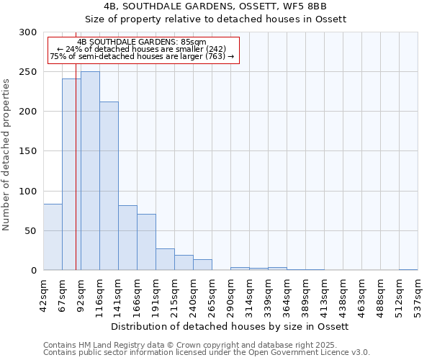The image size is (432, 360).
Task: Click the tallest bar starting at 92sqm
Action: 90,171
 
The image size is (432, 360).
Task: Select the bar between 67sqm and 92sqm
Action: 71,174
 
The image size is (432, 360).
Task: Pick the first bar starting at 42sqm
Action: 53,237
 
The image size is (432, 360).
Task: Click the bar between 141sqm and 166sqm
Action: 127,238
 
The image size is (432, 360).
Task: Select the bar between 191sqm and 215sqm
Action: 165,259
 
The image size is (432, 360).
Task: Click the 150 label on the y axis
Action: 28,151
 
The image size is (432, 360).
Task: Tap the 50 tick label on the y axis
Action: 31,231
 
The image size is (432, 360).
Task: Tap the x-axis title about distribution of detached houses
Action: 230,326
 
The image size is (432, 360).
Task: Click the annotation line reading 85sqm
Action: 142,42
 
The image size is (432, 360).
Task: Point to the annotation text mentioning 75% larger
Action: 142,56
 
